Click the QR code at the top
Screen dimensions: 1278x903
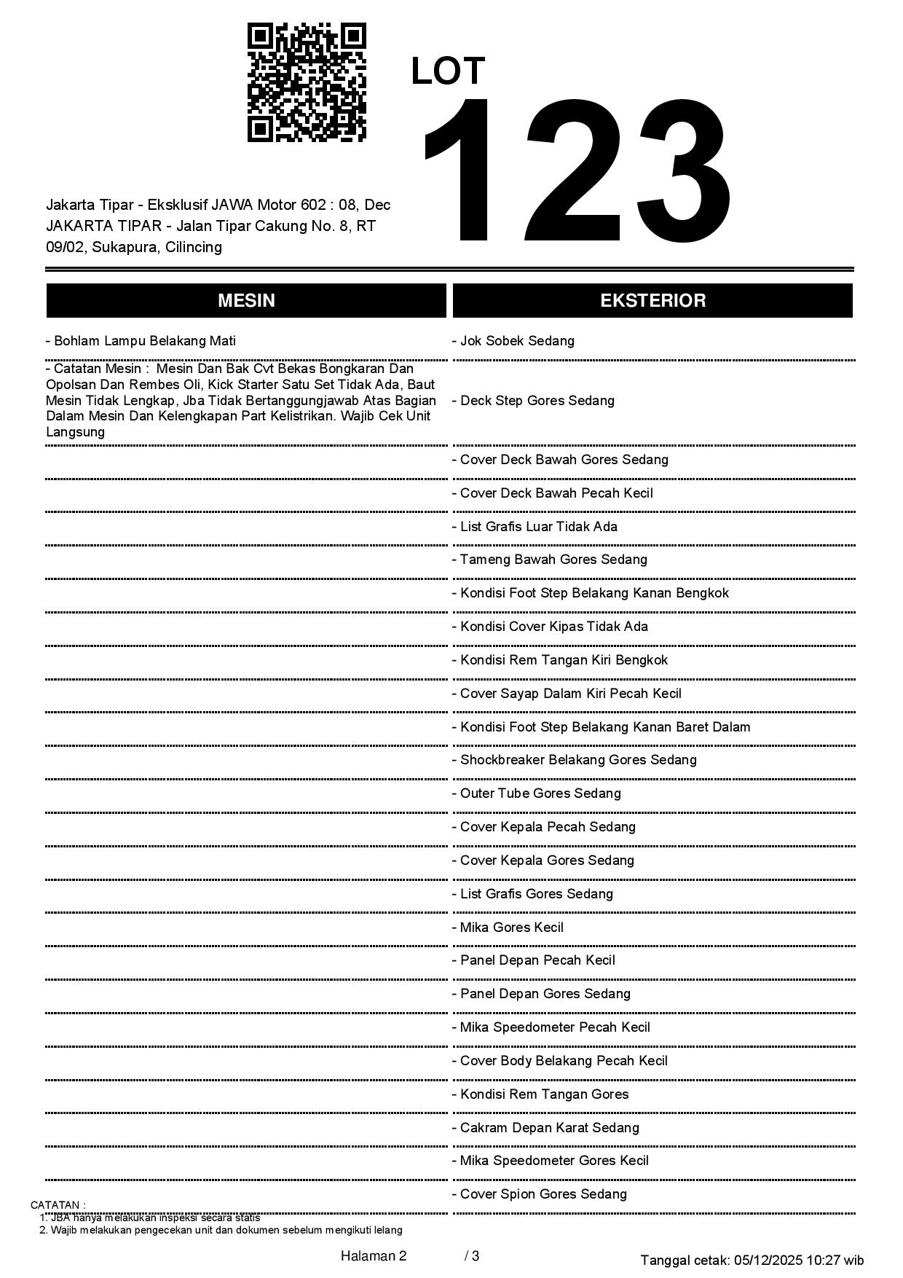coord(307,82)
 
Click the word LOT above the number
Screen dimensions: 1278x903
coord(448,71)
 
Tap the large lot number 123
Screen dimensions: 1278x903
coord(575,171)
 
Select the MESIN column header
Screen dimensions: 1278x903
coord(246,301)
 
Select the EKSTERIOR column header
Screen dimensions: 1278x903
coord(652,301)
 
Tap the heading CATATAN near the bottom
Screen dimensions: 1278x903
coord(58,1205)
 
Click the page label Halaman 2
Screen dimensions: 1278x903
coord(373,1256)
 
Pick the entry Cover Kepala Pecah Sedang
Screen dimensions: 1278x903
coord(547,827)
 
